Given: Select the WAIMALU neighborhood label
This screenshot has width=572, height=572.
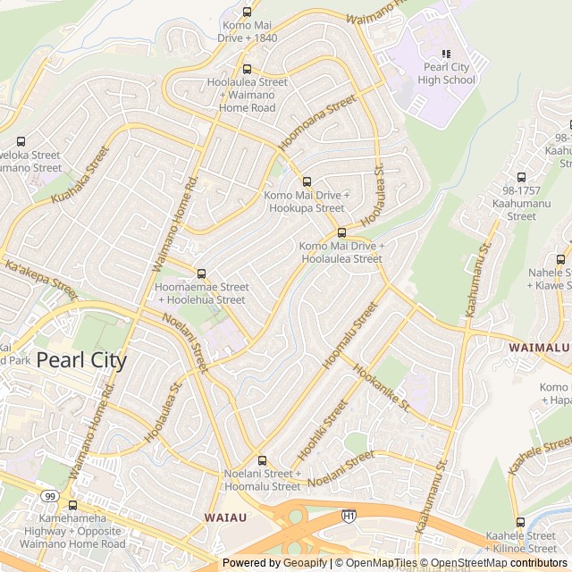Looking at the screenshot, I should click(539, 346).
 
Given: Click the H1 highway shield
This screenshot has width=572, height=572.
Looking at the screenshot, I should click(349, 516).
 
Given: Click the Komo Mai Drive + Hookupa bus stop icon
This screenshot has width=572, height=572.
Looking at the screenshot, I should click(307, 181).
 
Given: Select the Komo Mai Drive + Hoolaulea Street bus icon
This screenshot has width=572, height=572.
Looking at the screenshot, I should click(341, 232).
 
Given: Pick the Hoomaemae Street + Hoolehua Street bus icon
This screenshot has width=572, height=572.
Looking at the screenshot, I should click(201, 273).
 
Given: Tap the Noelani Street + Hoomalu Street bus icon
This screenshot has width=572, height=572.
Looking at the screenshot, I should click(261, 460).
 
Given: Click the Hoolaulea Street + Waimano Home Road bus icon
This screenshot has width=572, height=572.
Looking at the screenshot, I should click(247, 69).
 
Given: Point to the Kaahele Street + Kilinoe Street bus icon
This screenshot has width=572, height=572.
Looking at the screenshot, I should click(520, 523).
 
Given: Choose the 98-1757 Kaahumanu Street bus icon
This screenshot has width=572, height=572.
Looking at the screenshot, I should click(521, 177).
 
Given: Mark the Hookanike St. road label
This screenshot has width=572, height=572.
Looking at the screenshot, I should click(381, 386).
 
